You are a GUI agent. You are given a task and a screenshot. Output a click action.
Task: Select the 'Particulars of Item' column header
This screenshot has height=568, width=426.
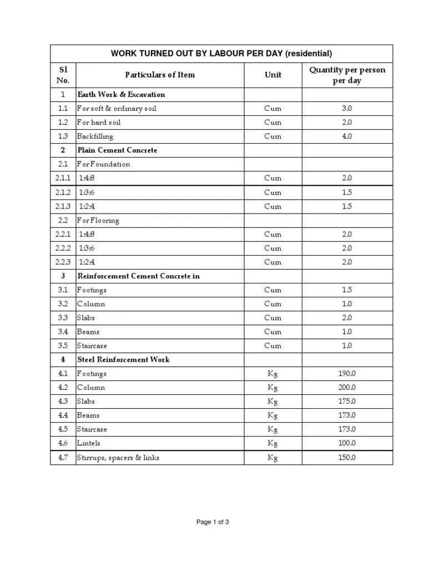(x=160, y=75)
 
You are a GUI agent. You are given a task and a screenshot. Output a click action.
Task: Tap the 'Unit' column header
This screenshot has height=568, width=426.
(x=273, y=75)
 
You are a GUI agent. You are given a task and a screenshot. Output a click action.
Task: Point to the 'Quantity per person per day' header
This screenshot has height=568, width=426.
(x=347, y=75)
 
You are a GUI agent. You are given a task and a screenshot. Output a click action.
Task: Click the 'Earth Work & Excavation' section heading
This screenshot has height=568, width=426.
(x=121, y=94)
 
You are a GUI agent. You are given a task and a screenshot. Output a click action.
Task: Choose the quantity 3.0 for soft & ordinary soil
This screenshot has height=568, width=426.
(x=347, y=108)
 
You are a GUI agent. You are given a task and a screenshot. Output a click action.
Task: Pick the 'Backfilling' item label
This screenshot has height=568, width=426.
(x=95, y=136)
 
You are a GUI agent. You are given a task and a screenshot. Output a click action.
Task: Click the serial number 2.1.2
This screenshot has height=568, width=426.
(x=63, y=192)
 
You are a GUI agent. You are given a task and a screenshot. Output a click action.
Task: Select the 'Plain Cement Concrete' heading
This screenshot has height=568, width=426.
(x=117, y=150)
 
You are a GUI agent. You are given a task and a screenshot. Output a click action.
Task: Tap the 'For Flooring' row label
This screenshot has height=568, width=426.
(x=98, y=220)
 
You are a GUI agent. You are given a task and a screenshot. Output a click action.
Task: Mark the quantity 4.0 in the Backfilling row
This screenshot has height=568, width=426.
(x=347, y=136)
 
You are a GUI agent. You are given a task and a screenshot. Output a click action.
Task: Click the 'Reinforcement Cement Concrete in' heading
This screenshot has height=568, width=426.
(x=139, y=276)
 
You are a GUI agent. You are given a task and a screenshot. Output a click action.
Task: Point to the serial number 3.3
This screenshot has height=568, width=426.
(x=63, y=318)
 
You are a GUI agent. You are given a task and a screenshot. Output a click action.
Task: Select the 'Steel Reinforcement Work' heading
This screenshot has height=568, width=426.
(x=124, y=359)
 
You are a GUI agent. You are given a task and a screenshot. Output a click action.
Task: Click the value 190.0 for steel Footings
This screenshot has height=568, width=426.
(x=347, y=374)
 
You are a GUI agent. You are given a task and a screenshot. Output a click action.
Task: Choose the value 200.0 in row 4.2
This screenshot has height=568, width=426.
(x=347, y=388)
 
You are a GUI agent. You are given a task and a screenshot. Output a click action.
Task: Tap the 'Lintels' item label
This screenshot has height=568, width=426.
(x=89, y=443)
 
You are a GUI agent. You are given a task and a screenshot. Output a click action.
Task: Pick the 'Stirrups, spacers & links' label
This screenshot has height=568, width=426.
(x=118, y=458)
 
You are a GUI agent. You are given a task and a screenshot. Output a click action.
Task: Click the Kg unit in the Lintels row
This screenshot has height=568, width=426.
(x=273, y=443)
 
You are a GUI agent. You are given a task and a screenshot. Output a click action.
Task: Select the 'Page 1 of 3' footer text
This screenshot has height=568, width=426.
(x=213, y=522)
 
